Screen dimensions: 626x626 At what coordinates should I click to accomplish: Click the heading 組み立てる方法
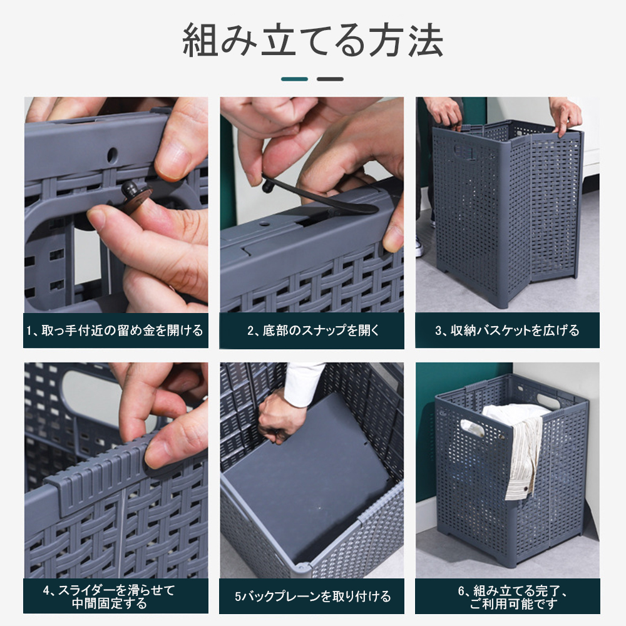[312, 41]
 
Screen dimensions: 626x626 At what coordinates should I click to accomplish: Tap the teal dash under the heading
[295, 79]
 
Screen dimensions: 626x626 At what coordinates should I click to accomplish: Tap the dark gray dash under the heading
[330, 79]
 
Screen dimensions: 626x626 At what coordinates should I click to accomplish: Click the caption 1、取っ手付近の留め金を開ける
[115, 331]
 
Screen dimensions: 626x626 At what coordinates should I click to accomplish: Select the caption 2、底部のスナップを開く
[312, 331]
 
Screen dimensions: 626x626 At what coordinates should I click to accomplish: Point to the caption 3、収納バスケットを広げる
[507, 331]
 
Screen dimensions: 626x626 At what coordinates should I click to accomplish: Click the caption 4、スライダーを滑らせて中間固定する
[110, 597]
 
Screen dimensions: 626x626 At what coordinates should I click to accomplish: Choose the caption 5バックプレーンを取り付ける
[312, 597]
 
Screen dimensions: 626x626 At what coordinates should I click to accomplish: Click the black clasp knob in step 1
[134, 192]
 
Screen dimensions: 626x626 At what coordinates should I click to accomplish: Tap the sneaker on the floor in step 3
[419, 247]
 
